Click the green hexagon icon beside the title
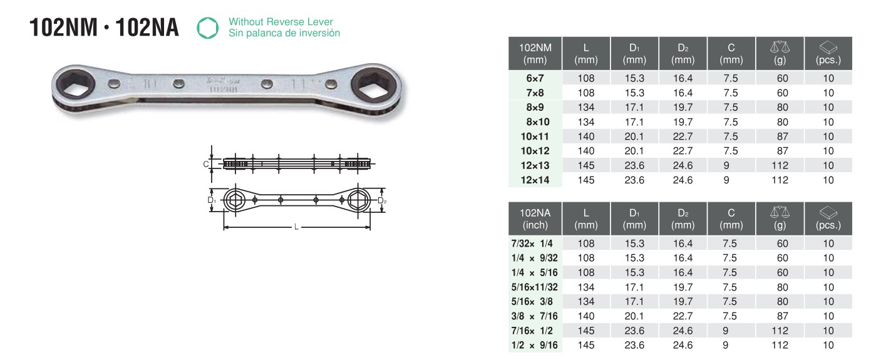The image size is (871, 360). click(208, 28)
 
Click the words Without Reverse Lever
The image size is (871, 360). click(281, 22)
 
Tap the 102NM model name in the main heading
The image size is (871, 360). click(63, 28)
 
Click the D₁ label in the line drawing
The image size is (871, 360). click(212, 200)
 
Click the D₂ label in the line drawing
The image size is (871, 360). click(382, 201)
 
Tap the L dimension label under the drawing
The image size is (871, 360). click(296, 227)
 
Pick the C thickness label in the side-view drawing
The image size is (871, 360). click(205, 164)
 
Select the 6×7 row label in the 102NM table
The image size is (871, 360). click(535, 78)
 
